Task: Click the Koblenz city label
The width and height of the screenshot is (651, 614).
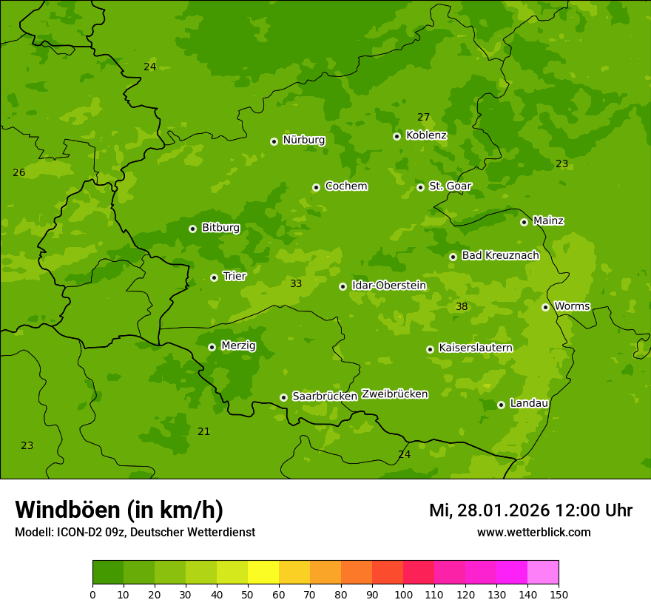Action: click(x=426, y=135)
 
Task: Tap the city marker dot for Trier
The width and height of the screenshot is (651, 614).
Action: click(x=214, y=277)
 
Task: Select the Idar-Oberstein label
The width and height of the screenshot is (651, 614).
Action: click(x=388, y=286)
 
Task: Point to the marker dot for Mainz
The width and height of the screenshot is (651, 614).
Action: click(x=524, y=222)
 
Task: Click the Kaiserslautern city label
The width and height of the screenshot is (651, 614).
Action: click(x=475, y=348)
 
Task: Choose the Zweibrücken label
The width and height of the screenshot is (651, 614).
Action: click(x=394, y=394)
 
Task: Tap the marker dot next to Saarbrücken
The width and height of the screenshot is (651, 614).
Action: click(x=283, y=397)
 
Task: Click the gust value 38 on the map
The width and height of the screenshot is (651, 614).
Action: click(x=462, y=307)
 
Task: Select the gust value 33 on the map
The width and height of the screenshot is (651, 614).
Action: click(x=296, y=284)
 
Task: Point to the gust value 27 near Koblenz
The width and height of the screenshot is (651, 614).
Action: click(x=423, y=118)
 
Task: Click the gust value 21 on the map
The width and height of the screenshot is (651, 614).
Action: click(x=203, y=432)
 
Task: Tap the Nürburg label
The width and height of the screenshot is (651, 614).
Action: click(x=303, y=140)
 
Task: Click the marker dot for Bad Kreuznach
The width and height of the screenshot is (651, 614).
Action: click(x=453, y=257)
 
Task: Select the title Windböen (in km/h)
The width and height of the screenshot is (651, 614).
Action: click(x=119, y=510)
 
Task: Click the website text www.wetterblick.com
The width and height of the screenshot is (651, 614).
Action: click(x=533, y=533)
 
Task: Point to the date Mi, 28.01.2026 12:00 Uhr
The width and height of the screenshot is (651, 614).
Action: click(x=530, y=510)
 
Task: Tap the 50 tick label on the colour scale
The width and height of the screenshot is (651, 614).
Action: click(x=248, y=594)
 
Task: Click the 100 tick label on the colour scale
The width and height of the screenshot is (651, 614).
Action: click(x=403, y=594)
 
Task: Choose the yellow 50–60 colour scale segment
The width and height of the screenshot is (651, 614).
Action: click(x=263, y=573)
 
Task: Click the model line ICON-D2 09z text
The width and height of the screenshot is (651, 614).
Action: click(x=135, y=533)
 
